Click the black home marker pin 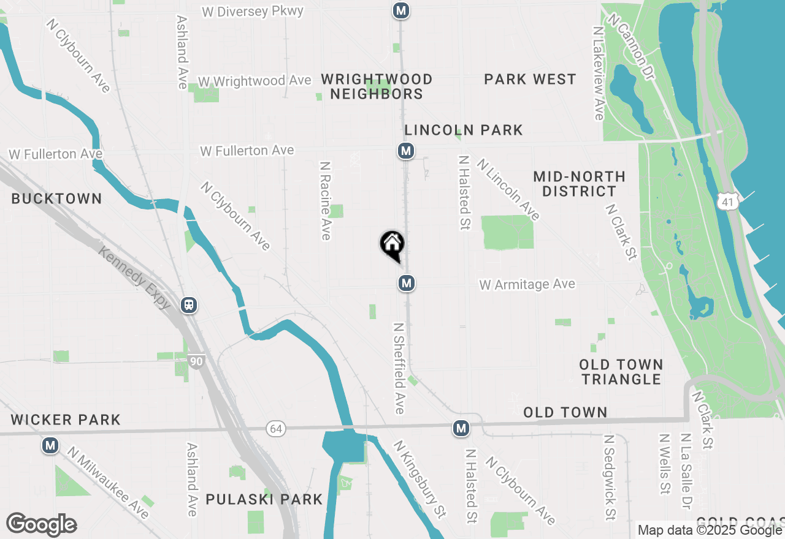point(392,245)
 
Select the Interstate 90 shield point(196,361)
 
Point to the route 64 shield point(276,429)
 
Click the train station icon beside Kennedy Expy point(189,305)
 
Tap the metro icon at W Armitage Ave point(405,283)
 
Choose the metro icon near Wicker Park point(50,445)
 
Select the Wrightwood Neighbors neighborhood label point(377,86)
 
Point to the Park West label point(530,79)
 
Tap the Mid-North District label point(579,184)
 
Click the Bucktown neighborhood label point(56,198)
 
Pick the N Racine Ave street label point(325,200)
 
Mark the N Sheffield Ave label point(399,368)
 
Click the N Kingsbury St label point(419,479)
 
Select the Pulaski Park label point(264,499)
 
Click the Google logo point(41,525)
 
